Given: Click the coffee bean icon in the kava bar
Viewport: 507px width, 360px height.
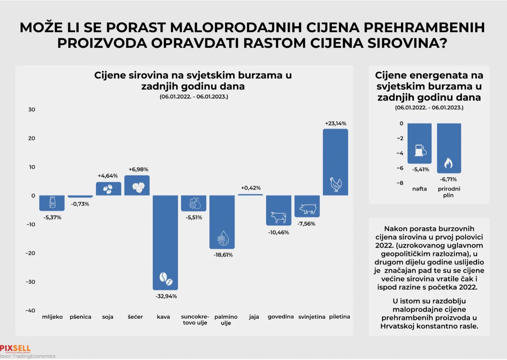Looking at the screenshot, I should pyautogui.click(x=166, y=278).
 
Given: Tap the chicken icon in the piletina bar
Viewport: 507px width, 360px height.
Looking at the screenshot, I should pyautogui.click(x=335, y=184).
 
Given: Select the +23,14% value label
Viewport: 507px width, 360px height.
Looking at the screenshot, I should pyautogui.click(x=335, y=123).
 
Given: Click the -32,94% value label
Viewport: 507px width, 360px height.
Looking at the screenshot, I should pyautogui.click(x=166, y=296).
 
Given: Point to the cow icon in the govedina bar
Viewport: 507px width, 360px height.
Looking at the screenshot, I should pyautogui.click(x=278, y=217).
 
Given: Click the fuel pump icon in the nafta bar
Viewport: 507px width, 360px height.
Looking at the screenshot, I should pyautogui.click(x=420, y=150).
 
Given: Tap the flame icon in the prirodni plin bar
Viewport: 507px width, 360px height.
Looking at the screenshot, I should pyautogui.click(x=449, y=163).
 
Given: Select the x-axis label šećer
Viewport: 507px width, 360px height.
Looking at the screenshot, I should pyautogui.click(x=135, y=317).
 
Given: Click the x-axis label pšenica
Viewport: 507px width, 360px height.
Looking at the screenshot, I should pyautogui.click(x=80, y=317).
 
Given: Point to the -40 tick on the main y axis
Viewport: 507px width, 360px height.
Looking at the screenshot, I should pyautogui.click(x=30, y=310).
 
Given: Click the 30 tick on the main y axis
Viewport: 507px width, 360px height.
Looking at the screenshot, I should pyautogui.click(x=31, y=109).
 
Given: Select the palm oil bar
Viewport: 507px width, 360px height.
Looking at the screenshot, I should pyautogui.click(x=222, y=222).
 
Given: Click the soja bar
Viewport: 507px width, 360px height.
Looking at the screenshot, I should pyautogui.click(x=108, y=189).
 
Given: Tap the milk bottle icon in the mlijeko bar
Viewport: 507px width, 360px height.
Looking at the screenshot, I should pyautogui.click(x=52, y=202).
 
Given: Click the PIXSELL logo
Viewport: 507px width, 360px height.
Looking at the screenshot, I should pyautogui.click(x=15, y=348).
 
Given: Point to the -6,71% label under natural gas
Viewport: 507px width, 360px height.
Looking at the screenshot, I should pyautogui.click(x=448, y=179).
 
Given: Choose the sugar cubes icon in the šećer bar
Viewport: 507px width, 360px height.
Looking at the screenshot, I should pyautogui.click(x=137, y=186).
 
